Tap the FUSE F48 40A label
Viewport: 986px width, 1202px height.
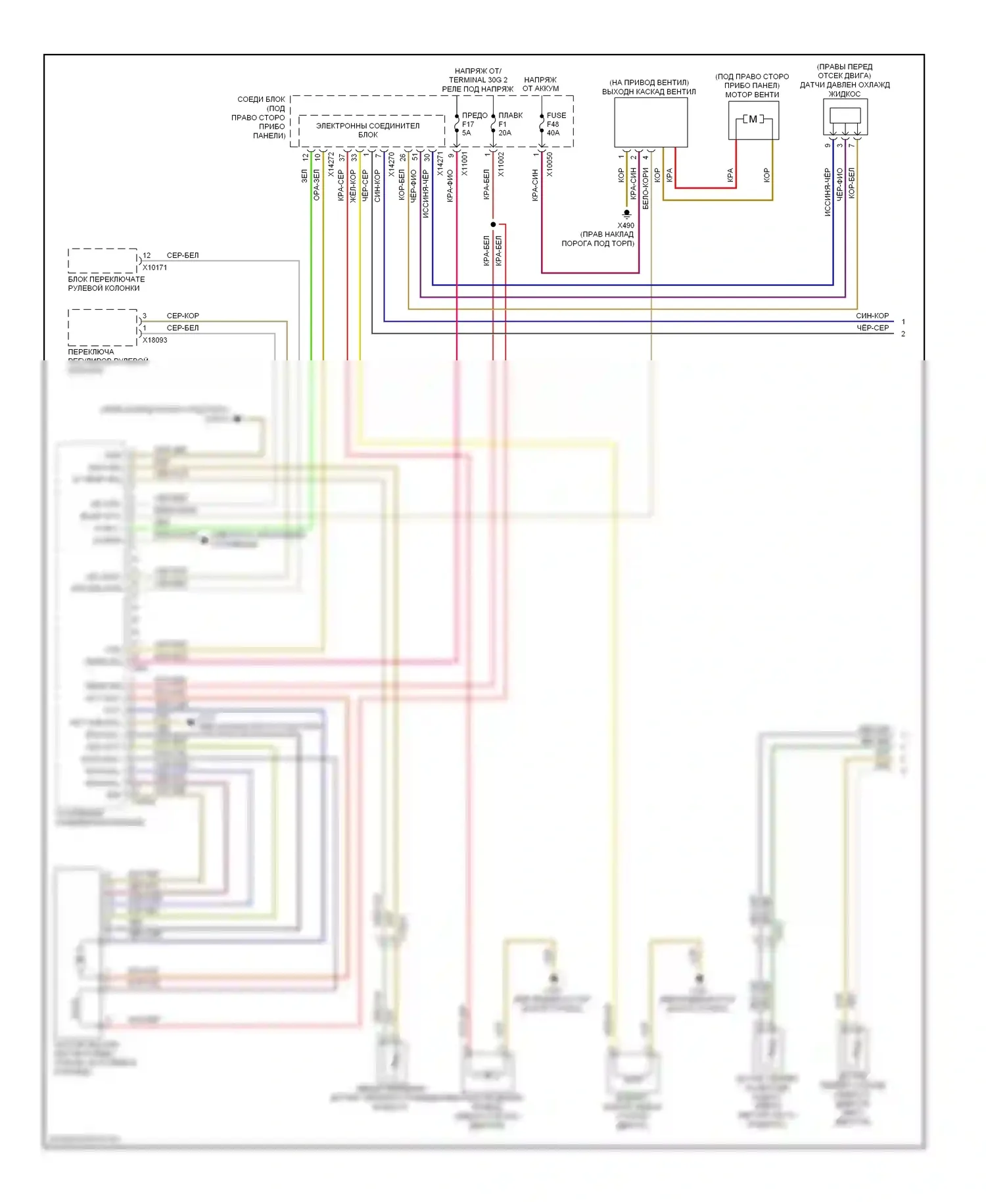coord(555,124)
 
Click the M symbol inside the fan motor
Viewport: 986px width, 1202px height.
coord(753,120)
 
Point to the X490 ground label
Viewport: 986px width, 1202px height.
coord(626,226)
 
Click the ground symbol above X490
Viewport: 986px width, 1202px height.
coord(627,214)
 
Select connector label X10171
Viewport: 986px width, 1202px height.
coord(155,268)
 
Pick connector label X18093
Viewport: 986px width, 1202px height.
coord(155,340)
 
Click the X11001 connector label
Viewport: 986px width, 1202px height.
coord(465,164)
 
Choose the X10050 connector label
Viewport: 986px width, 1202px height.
coord(550,164)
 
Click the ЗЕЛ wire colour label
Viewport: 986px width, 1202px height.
coord(304,176)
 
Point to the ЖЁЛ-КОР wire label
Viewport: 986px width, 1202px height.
coord(352,185)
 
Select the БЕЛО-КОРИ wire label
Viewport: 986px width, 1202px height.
coord(646,188)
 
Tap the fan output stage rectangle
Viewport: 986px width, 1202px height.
coord(651,122)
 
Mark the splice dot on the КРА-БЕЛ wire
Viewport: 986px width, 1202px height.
coord(493,224)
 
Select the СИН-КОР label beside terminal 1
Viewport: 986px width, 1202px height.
coord(872,316)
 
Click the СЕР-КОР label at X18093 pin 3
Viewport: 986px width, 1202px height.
coord(183,316)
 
